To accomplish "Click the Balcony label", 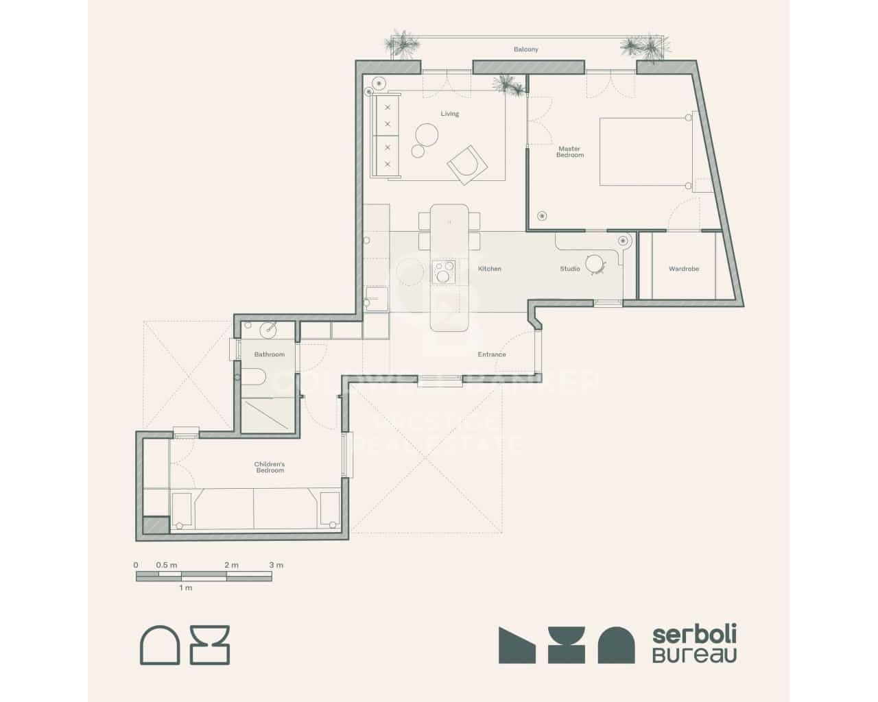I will point(526,49).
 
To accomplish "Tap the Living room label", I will point(450,114).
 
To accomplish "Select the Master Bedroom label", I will point(569,152).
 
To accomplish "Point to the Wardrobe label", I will point(684,269).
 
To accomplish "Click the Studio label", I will point(570,269).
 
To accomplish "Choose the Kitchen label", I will point(490,269).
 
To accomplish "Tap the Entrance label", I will point(492,354).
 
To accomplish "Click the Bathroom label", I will point(269,354).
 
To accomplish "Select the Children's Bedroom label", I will point(270,467).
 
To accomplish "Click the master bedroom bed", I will point(645,152).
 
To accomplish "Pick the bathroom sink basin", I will point(269,329).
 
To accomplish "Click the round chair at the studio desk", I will point(595,263).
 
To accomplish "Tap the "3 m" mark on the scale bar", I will point(276,565).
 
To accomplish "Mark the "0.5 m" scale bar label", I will point(167,565).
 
